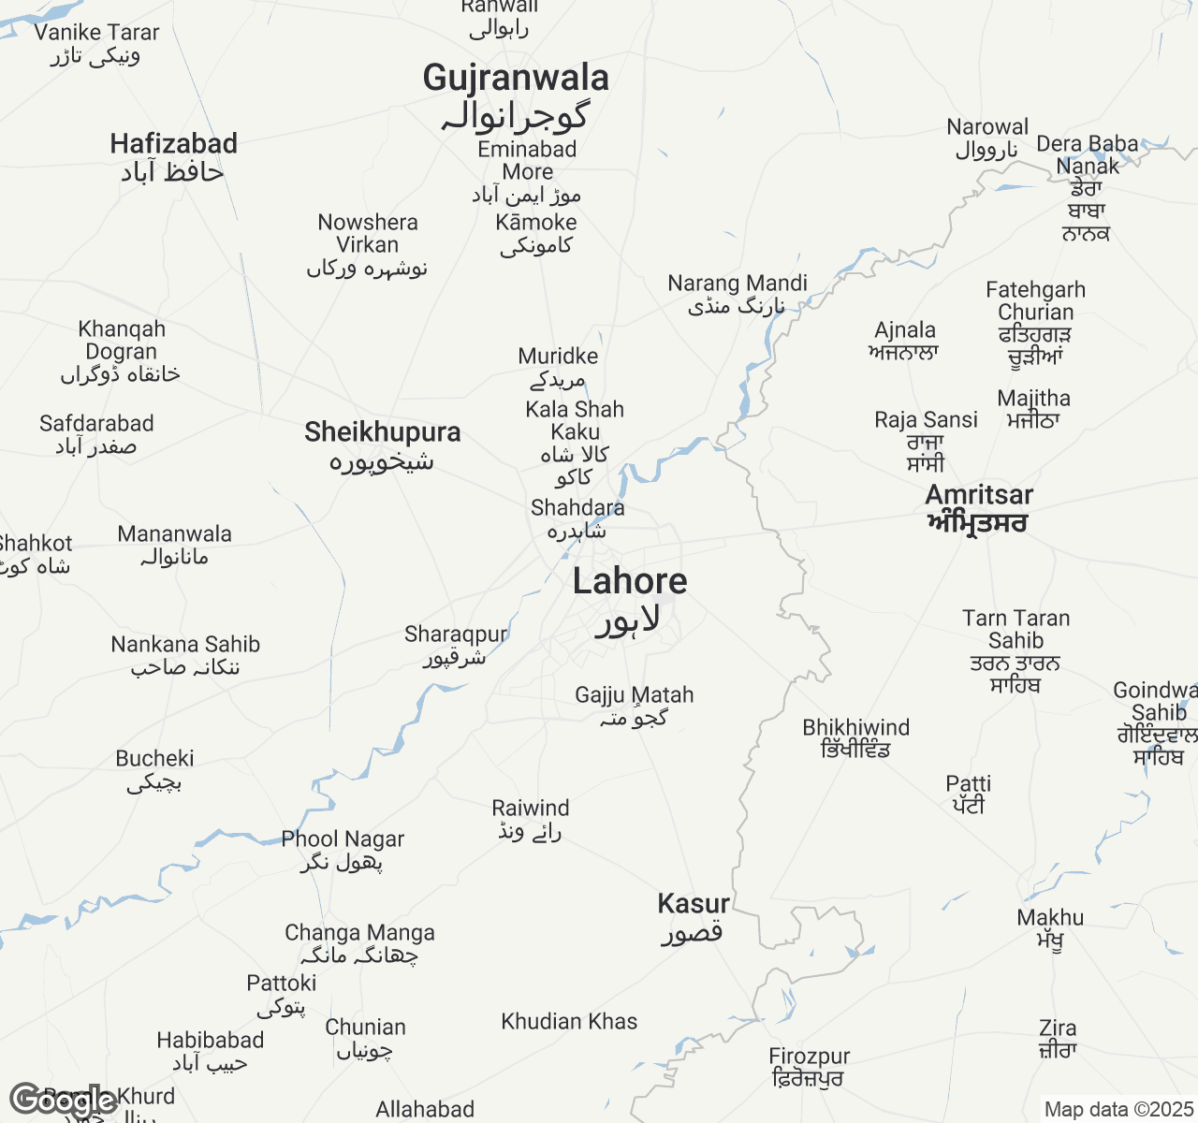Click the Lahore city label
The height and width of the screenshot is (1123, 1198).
coord(630,582)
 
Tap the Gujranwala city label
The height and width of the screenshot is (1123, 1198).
coord(516,79)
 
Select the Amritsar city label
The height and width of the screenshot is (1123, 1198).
coord(979,496)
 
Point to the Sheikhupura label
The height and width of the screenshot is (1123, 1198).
coord(383,432)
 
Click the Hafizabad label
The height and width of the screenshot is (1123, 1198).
coord(174,144)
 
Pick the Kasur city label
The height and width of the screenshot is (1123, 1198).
coord(694,904)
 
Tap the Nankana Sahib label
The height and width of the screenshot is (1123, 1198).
coord(185,645)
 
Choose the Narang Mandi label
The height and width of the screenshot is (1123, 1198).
coord(738,284)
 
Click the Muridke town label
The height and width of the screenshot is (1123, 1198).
coord(558,357)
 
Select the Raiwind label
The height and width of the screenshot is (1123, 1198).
coord(531,809)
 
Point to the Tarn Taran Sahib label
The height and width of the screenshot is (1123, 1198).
coord(1015,630)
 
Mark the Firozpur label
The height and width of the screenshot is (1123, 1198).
coord(810,1057)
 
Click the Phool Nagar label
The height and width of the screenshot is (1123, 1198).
coord(343,839)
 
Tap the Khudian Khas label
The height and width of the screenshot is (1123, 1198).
coord(569,1022)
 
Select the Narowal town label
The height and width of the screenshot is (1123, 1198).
coord(987,127)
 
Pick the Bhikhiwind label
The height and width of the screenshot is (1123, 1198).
coord(855,728)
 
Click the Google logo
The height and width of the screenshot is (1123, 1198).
coord(62,1101)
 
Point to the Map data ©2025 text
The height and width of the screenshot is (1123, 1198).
coord(1118,1110)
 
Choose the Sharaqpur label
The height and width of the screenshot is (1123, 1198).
coord(456,634)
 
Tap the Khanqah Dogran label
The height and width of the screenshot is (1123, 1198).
coord(122,341)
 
